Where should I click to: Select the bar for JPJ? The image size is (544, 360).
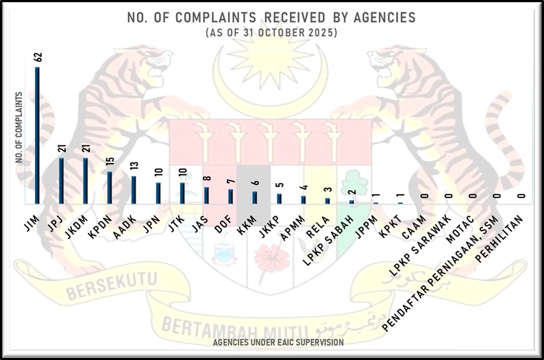(61, 181)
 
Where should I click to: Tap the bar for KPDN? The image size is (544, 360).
(109, 187)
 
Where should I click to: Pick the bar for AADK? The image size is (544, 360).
(134, 190)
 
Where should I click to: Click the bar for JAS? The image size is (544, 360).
(206, 195)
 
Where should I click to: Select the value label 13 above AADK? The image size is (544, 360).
(134, 167)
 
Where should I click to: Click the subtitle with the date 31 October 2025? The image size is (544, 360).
(271, 33)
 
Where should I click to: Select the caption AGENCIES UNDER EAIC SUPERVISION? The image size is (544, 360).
(277, 341)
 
